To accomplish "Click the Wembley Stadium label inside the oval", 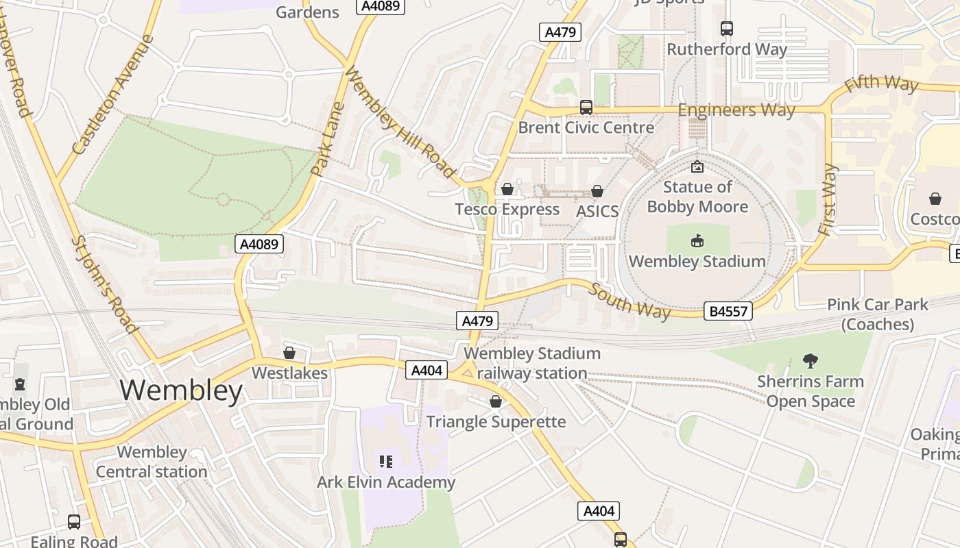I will [x=697, y=261].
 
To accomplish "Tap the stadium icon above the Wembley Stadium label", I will [x=697, y=240].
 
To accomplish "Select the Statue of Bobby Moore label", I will [x=697, y=197].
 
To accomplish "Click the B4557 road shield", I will [x=728, y=312].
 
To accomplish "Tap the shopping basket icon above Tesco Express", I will [x=507, y=189].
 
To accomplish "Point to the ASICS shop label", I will [x=597, y=212].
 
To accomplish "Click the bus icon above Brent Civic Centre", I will [x=586, y=107].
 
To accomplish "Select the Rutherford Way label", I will [x=727, y=49].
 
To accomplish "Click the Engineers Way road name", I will [x=736, y=110].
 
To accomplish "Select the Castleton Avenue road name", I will [x=114, y=94].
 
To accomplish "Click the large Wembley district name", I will [x=181, y=390].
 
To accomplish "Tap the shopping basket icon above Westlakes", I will [x=289, y=353].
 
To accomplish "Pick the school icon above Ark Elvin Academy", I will [x=386, y=462].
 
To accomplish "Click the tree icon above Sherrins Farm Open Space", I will [x=810, y=360].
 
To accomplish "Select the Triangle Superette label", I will [x=496, y=421].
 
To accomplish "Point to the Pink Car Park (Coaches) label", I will [x=877, y=314].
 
